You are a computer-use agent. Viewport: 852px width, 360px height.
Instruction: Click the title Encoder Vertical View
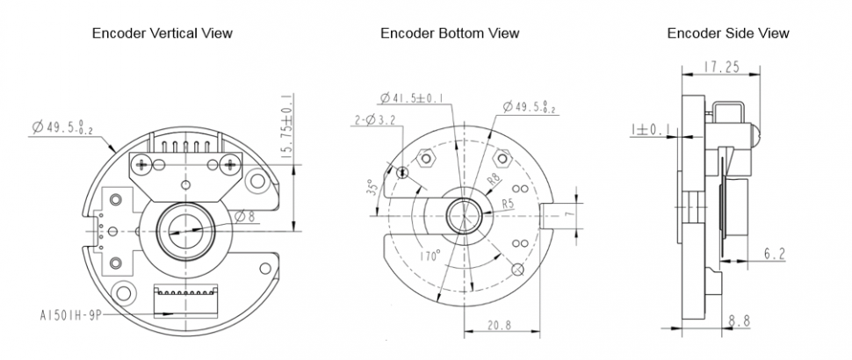click(162, 33)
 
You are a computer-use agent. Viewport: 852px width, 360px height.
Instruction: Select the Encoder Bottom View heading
click(450, 33)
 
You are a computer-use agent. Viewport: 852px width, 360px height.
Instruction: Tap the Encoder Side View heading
click(728, 33)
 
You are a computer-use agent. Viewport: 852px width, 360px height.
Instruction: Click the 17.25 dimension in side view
click(721, 67)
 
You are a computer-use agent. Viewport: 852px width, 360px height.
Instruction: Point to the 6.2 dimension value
click(775, 254)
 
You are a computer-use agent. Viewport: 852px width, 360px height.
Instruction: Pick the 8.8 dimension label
click(739, 320)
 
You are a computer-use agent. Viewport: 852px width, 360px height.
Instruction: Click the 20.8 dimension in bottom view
click(499, 325)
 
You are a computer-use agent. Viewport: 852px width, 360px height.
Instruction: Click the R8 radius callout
click(494, 180)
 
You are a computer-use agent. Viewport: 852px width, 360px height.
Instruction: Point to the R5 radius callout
click(508, 205)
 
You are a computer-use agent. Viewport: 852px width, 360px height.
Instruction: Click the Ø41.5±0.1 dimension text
click(411, 98)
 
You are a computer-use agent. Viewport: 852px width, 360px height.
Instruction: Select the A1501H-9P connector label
click(69, 315)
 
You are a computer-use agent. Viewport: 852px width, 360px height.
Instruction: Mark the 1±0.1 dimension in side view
click(650, 130)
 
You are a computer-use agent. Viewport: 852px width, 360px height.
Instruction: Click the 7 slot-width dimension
click(569, 214)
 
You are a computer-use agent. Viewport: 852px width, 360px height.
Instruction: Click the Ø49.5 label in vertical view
click(62, 129)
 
